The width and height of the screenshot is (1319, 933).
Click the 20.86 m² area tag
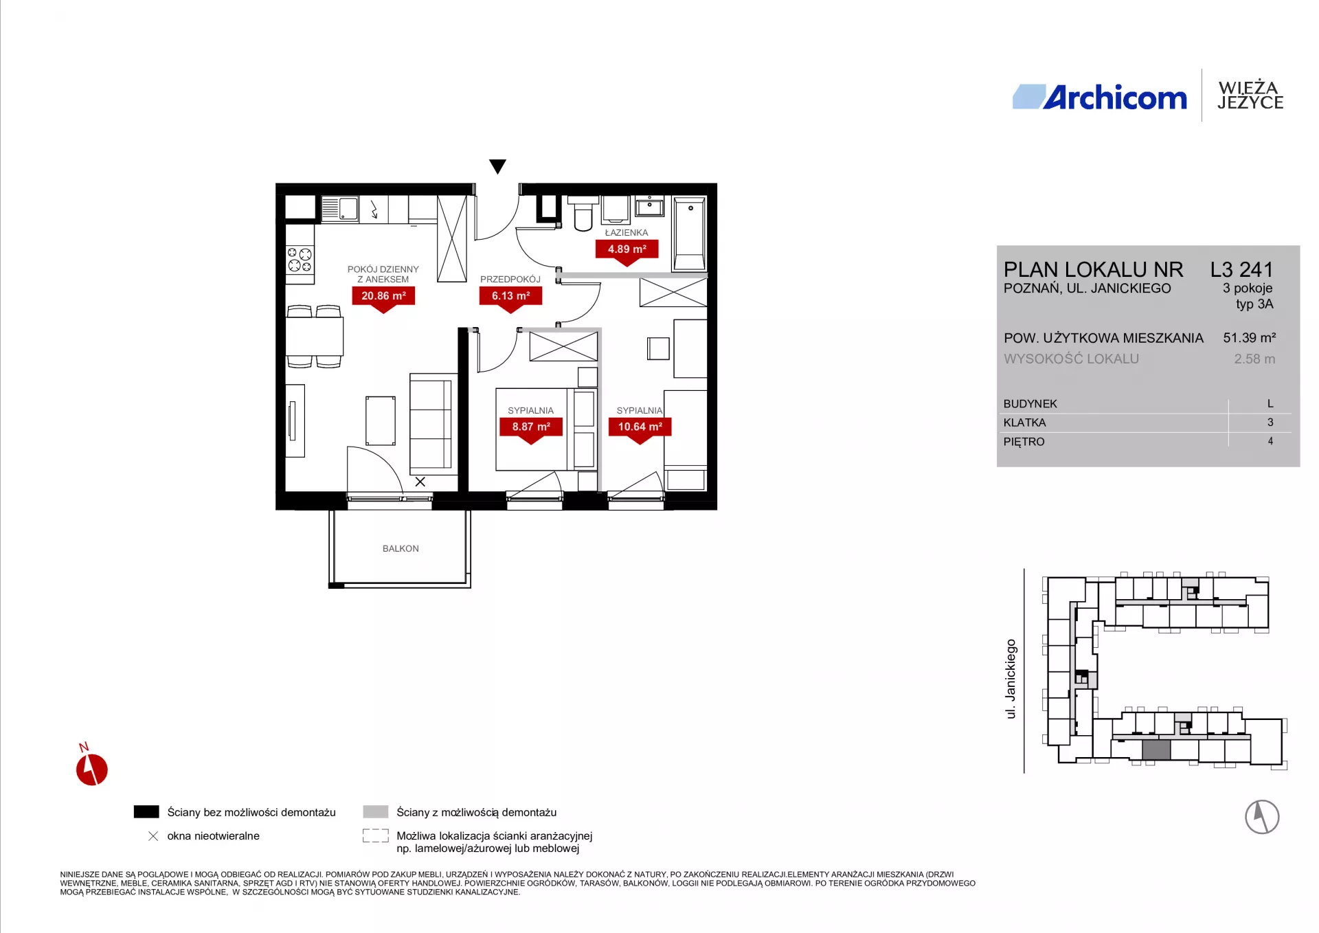[x=383, y=299]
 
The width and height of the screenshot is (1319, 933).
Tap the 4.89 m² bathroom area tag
[x=627, y=252]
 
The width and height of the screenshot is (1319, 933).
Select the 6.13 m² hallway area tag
[x=510, y=299]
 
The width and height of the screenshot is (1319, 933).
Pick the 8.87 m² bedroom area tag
[x=531, y=430]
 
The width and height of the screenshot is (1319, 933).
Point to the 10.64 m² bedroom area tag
[x=640, y=430]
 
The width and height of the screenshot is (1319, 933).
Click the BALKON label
[x=401, y=548]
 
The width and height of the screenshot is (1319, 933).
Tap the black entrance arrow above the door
[x=497, y=166]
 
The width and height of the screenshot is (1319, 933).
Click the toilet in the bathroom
[x=583, y=214]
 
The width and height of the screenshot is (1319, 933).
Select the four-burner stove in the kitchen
[x=300, y=260]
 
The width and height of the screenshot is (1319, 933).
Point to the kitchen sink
[x=340, y=208]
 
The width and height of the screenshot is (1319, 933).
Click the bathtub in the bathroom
[x=690, y=234]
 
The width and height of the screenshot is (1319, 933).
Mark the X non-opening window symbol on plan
[x=420, y=482]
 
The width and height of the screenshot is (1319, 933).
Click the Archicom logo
[x=1099, y=98]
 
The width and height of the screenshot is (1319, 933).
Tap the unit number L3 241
[x=1241, y=269]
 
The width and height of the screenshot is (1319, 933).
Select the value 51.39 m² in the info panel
[x=1250, y=337]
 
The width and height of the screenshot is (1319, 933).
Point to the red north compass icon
[x=92, y=768]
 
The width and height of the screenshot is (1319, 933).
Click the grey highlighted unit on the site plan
[x=1156, y=750]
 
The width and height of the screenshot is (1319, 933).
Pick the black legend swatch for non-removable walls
[x=146, y=811]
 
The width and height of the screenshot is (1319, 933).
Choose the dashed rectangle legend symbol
[x=376, y=835]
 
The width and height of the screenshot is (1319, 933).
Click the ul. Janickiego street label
[x=1011, y=679]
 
